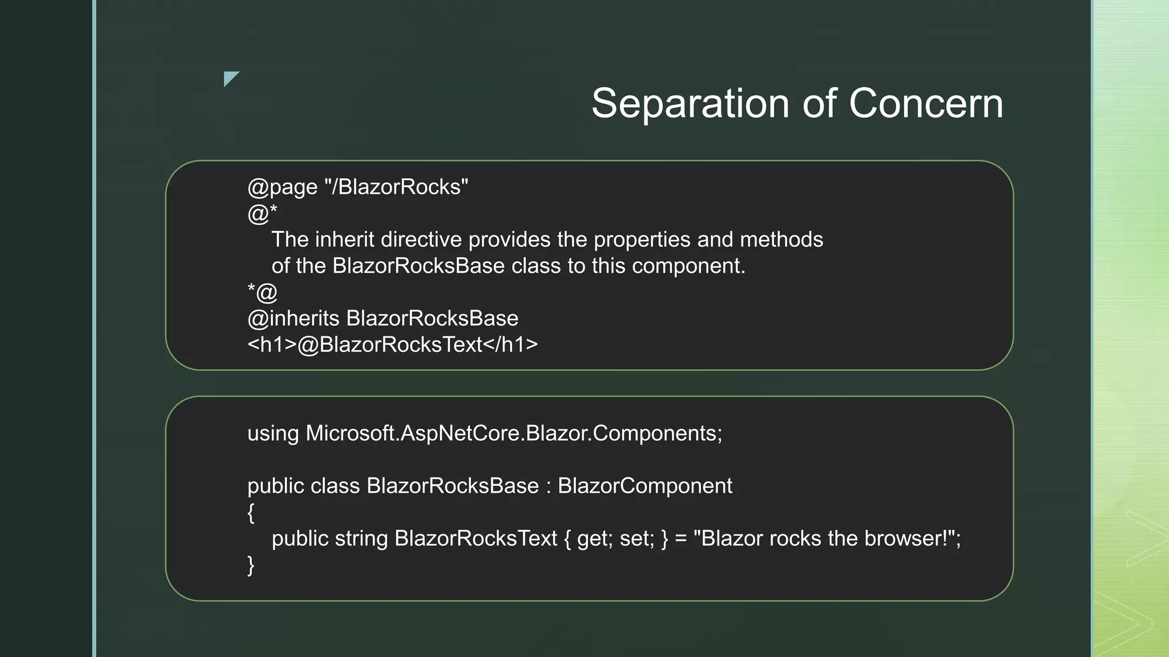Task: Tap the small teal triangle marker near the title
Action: pos(230,78)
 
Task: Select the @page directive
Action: pos(282,187)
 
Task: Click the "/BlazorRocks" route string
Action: pos(396,187)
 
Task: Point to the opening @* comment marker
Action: pos(262,213)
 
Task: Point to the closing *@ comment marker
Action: pos(262,292)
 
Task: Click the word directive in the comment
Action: pos(421,240)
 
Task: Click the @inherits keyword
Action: pos(293,318)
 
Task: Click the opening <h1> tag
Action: pos(272,344)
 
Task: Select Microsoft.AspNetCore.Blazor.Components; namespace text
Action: pos(514,433)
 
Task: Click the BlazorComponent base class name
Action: pos(644,486)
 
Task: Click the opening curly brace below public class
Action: pos(251,512)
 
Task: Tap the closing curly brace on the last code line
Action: pos(251,565)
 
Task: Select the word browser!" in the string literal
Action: pos(910,538)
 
